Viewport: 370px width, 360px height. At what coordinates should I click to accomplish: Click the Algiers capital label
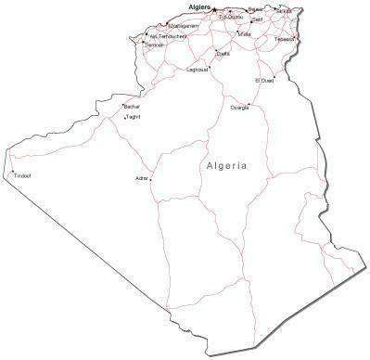pyautogui.click(x=200, y=6)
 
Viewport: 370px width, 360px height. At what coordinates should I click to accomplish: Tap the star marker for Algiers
pyautogui.click(x=216, y=10)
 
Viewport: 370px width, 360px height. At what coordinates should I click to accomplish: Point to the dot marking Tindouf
pyautogui.click(x=12, y=172)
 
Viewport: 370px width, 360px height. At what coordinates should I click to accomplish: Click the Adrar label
pyautogui.click(x=142, y=177)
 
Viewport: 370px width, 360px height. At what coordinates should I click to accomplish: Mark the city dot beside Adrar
pyautogui.click(x=151, y=179)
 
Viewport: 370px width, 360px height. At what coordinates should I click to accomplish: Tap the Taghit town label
pyautogui.click(x=132, y=117)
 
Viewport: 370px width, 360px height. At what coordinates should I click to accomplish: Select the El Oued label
pyautogui.click(x=264, y=81)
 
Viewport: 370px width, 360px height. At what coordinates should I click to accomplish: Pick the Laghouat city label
pyautogui.click(x=198, y=69)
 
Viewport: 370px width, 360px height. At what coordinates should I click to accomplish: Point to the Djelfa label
pyautogui.click(x=223, y=54)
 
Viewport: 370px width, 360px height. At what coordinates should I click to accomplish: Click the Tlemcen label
pyautogui.click(x=153, y=45)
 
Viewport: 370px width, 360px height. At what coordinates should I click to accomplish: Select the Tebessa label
pyautogui.click(x=285, y=39)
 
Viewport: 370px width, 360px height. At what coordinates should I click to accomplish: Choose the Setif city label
pyautogui.click(x=257, y=19)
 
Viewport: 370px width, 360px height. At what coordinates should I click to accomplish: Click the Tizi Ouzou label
pyautogui.click(x=231, y=17)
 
